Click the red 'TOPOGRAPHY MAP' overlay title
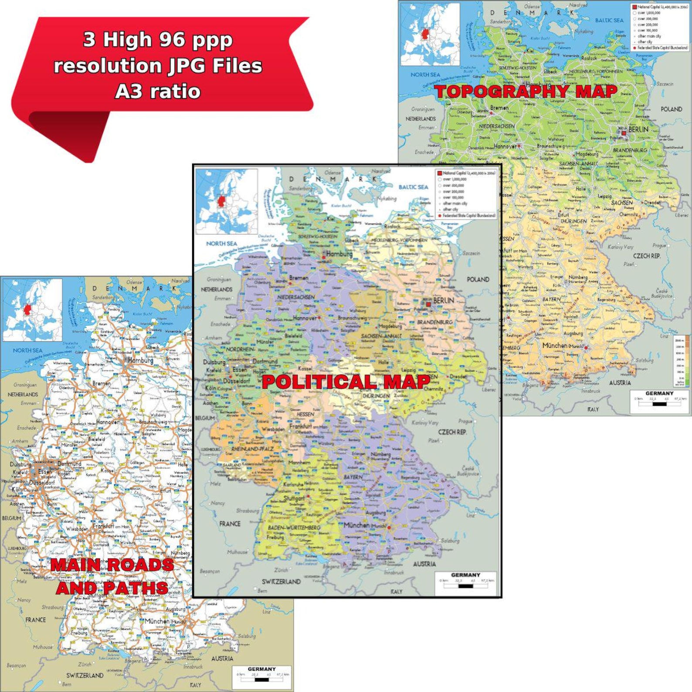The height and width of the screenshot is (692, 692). coord(526,92)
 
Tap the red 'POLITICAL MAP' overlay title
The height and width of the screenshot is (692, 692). coord(346,382)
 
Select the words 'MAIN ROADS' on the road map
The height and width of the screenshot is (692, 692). coord(112,565)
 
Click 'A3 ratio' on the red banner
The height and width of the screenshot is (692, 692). coord(158,92)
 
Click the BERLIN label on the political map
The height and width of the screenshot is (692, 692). coord(443,301)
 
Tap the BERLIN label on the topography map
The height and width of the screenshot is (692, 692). coord(638,129)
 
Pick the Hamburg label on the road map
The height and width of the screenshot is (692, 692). coord(140,360)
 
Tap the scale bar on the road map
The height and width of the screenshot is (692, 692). coord(262,679)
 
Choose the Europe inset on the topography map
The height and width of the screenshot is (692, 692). coord(430,34)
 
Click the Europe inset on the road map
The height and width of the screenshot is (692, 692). coord(33,309)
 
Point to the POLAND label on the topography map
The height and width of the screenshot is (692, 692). coord(671,109)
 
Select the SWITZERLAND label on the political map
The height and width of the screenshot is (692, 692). coord(281,582)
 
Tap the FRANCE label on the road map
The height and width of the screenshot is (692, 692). coord(35,620)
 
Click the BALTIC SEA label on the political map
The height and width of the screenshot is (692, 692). coord(413,187)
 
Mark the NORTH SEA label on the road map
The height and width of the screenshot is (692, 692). coord(27,350)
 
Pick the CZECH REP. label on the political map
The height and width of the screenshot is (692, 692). coord(452,432)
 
